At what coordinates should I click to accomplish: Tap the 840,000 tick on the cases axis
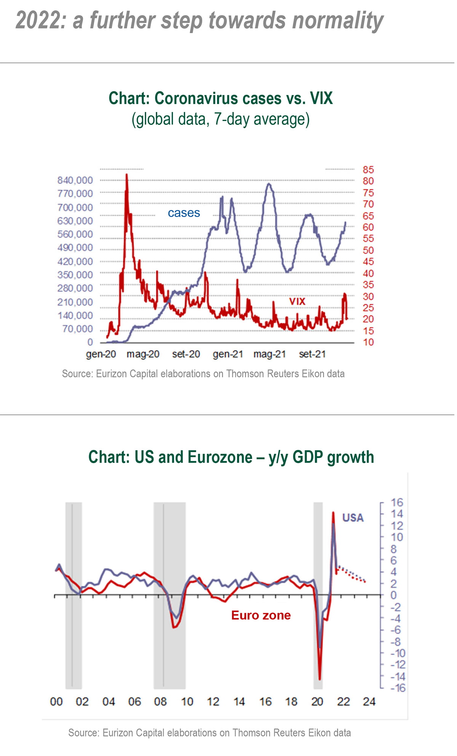click(75, 180)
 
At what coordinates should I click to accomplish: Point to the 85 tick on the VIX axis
click(368, 170)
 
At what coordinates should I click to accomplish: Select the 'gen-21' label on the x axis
click(228, 354)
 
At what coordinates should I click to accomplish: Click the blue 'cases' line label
click(184, 213)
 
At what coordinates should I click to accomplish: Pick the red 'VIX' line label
click(297, 301)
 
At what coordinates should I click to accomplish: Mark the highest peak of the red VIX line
click(127, 175)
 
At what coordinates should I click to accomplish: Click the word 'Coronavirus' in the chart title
click(197, 98)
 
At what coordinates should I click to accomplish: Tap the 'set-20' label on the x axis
click(186, 354)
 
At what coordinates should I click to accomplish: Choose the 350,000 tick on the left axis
click(75, 275)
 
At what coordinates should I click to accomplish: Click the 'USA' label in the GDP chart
click(353, 518)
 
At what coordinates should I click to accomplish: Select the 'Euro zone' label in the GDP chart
click(261, 615)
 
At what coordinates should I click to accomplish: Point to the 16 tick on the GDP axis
click(396, 502)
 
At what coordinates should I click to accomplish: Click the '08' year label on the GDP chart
click(160, 702)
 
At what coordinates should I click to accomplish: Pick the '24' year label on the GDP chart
click(369, 702)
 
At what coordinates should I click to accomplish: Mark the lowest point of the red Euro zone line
click(320, 679)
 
